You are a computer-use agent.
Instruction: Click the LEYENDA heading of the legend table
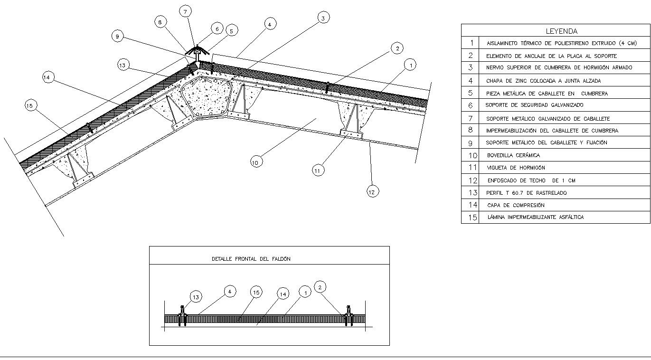point(561,31)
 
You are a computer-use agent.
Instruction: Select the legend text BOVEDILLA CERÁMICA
point(513,155)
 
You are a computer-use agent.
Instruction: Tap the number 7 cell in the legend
point(471,119)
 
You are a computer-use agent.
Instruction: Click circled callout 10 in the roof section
point(256,162)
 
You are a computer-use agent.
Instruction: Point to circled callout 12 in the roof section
point(373,191)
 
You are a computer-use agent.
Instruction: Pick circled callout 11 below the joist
point(318,171)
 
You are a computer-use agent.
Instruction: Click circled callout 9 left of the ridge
point(117,37)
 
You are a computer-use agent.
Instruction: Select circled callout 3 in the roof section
point(323,18)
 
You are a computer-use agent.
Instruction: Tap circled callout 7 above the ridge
point(185,11)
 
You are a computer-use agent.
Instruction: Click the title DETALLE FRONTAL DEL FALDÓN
point(251,259)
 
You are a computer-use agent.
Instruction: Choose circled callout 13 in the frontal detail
point(196,297)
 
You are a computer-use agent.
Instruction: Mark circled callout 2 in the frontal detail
point(320,287)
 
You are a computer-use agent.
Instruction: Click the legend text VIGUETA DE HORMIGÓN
point(516,168)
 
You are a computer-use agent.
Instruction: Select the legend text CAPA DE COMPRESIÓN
point(516,205)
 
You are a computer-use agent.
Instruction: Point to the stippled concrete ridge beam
point(207,96)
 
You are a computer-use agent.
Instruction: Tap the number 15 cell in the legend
point(471,217)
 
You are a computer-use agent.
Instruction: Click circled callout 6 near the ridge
point(217,29)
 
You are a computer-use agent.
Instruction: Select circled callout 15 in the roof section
point(30,105)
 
